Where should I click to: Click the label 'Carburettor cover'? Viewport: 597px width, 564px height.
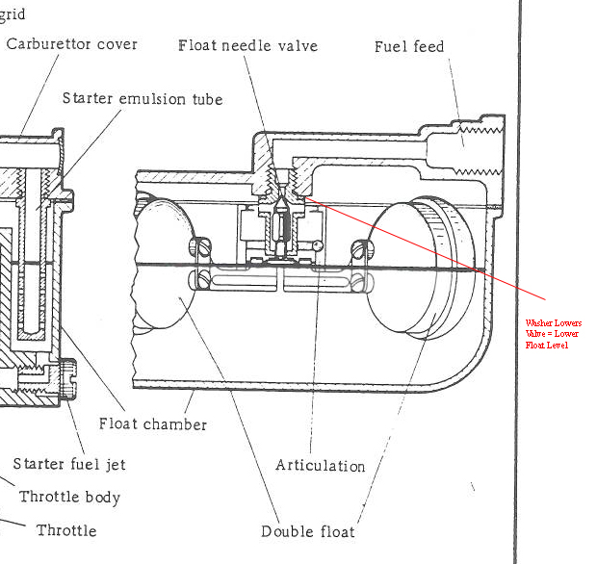pyautogui.click(x=72, y=44)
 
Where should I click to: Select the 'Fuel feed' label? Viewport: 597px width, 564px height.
pyautogui.click(x=409, y=46)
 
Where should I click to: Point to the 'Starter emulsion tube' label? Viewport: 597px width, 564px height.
pyautogui.click(x=142, y=98)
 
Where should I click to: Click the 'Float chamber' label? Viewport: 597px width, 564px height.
pyautogui.click(x=153, y=423)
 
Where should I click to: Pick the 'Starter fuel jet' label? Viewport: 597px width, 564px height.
pyautogui.click(x=69, y=464)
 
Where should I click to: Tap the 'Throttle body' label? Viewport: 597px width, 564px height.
pyautogui.click(x=70, y=498)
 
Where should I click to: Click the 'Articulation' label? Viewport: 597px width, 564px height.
pyautogui.click(x=320, y=466)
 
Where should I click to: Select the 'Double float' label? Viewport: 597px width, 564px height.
pyautogui.click(x=307, y=531)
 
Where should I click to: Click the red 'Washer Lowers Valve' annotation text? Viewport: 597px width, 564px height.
pyautogui.click(x=553, y=333)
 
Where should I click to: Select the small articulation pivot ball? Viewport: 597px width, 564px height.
pyautogui.click(x=317, y=244)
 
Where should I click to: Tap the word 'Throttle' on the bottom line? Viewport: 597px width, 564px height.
pyautogui.click(x=66, y=530)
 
